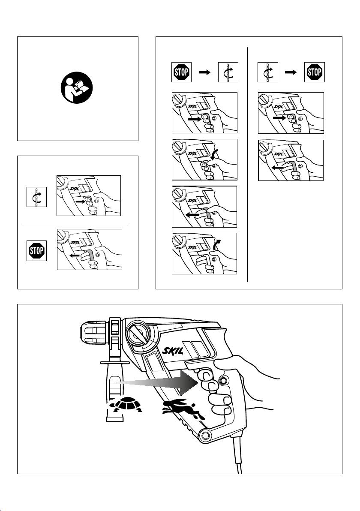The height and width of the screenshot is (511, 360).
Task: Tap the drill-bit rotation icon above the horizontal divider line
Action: click(x=36, y=196)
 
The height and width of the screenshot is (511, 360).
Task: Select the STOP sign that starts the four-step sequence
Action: click(x=181, y=72)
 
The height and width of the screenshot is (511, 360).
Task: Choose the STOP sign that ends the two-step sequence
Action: click(x=315, y=72)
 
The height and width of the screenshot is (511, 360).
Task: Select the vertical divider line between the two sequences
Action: click(x=248, y=163)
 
